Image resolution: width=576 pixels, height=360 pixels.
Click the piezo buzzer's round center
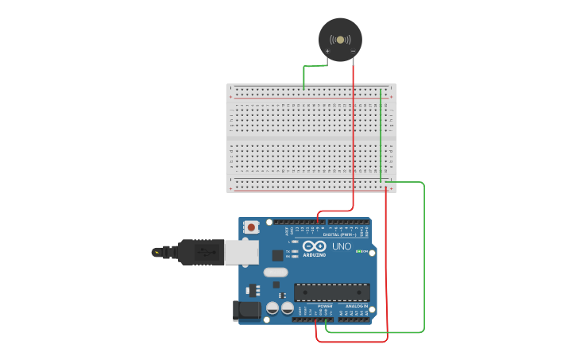(340, 39)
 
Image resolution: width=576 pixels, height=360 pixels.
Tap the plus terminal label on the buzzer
(327, 51)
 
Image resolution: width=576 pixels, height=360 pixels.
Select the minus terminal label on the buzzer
(353, 51)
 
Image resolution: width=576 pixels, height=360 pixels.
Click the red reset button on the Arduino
(252, 227)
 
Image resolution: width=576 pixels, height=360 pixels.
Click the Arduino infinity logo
(314, 246)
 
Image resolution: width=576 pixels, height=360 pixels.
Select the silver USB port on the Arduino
(241, 252)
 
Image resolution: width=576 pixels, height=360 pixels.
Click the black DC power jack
(247, 311)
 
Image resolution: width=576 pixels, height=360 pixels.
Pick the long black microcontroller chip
(331, 292)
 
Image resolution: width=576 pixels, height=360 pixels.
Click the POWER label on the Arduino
(324, 306)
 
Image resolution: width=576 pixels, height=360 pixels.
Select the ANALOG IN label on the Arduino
(356, 306)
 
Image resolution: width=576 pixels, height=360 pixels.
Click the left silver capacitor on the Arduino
(272, 308)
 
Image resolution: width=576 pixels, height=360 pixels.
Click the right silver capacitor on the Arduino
(286, 308)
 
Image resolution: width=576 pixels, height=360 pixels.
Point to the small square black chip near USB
(277, 255)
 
